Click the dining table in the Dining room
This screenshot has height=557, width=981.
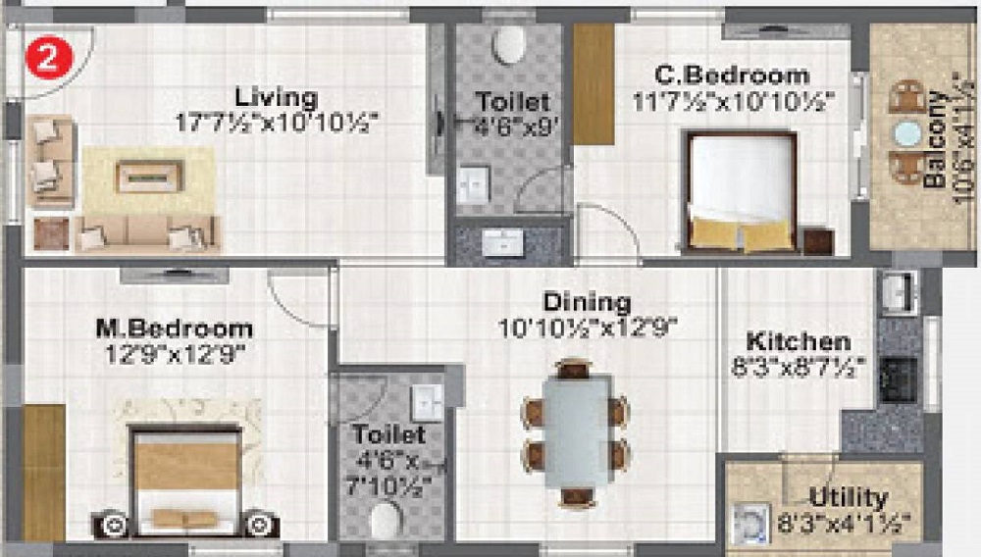coord(576,431)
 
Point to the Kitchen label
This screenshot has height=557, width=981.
coord(798,342)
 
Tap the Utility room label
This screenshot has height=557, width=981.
coord(849,497)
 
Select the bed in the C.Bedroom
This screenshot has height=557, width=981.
coord(741,192)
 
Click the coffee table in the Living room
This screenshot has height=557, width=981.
coord(149,177)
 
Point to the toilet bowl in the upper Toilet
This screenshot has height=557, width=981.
coord(509,43)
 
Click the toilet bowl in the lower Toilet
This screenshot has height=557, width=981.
coord(385,520)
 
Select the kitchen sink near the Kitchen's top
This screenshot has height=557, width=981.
coord(896,291)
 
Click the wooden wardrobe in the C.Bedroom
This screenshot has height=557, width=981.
coord(593,83)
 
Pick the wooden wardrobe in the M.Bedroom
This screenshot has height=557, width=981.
coord(43,472)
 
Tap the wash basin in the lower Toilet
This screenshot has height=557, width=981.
coord(426,400)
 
